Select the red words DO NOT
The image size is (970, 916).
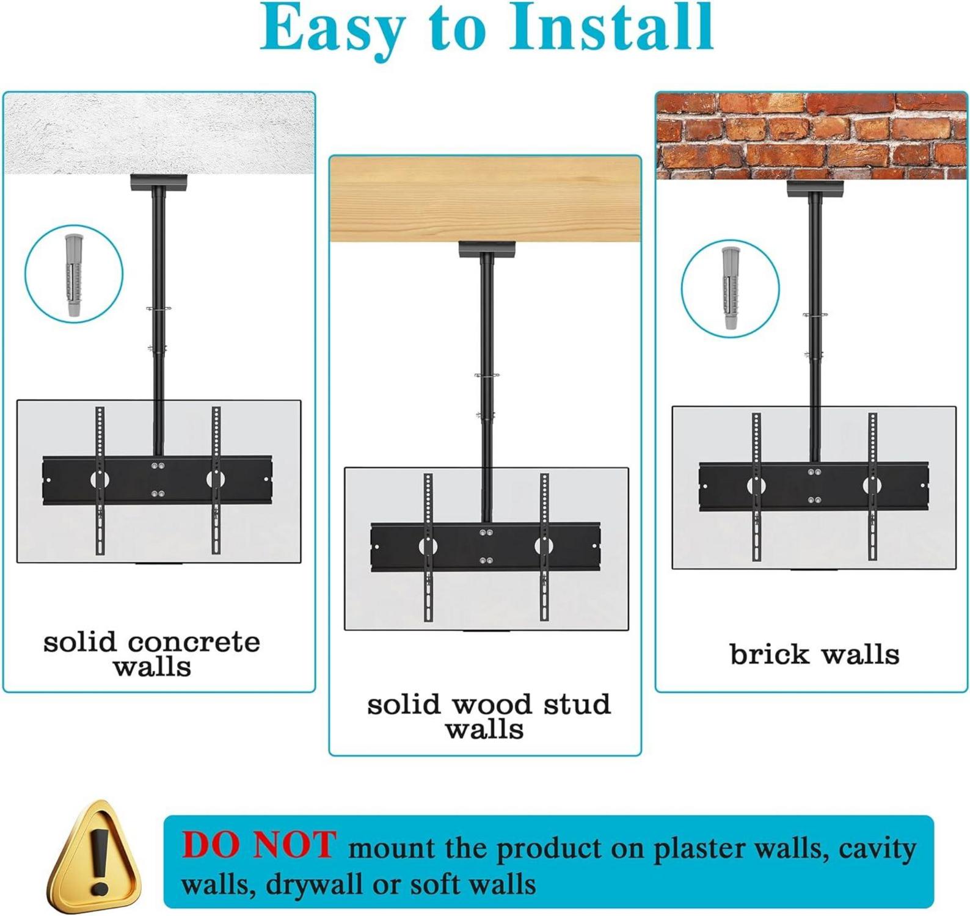point(259,845)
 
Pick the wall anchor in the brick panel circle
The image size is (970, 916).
point(730,288)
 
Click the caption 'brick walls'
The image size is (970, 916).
point(814,654)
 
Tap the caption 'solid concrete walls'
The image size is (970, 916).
point(152,653)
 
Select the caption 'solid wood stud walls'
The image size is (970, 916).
point(489,716)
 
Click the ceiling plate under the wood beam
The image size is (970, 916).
point(487,249)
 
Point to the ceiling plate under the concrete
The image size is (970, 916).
point(159,183)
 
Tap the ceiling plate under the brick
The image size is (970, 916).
point(815,189)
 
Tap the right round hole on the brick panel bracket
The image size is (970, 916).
point(872,485)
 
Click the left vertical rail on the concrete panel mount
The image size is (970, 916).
point(100,481)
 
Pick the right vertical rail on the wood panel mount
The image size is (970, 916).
point(544,547)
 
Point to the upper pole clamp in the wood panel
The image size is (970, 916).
point(487,376)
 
